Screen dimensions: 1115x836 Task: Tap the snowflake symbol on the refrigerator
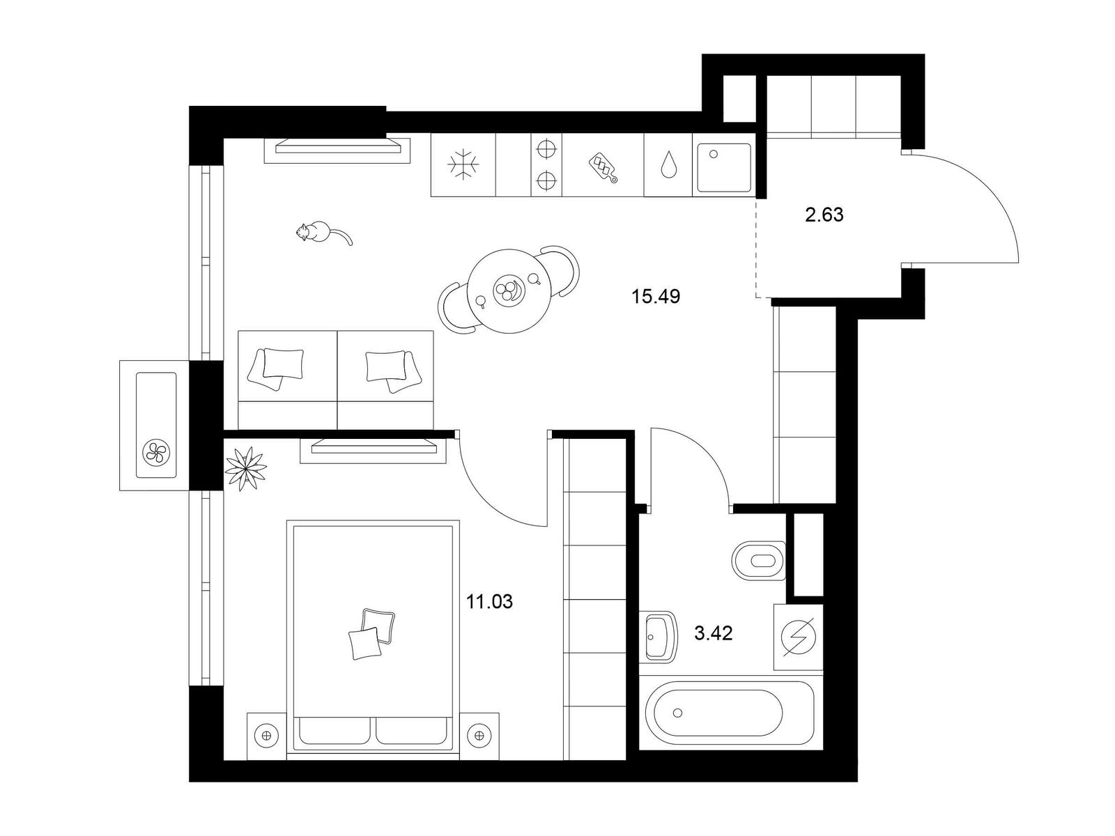click(x=463, y=165)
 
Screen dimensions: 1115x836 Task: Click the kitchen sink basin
click(x=724, y=167)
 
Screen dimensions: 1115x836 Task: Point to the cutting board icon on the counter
click(x=603, y=167)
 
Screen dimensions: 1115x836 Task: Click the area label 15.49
click(x=655, y=296)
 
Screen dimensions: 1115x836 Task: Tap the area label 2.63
click(x=824, y=215)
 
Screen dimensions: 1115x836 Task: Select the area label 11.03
click(x=489, y=602)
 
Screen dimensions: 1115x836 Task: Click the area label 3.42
click(x=713, y=633)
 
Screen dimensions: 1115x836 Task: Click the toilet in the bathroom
click(x=759, y=560)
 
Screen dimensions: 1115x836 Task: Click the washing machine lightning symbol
click(x=798, y=637)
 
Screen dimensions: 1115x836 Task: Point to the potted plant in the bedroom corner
click(x=246, y=468)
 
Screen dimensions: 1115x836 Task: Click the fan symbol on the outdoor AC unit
click(x=157, y=451)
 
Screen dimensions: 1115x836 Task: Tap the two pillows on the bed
click(x=372, y=634)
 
